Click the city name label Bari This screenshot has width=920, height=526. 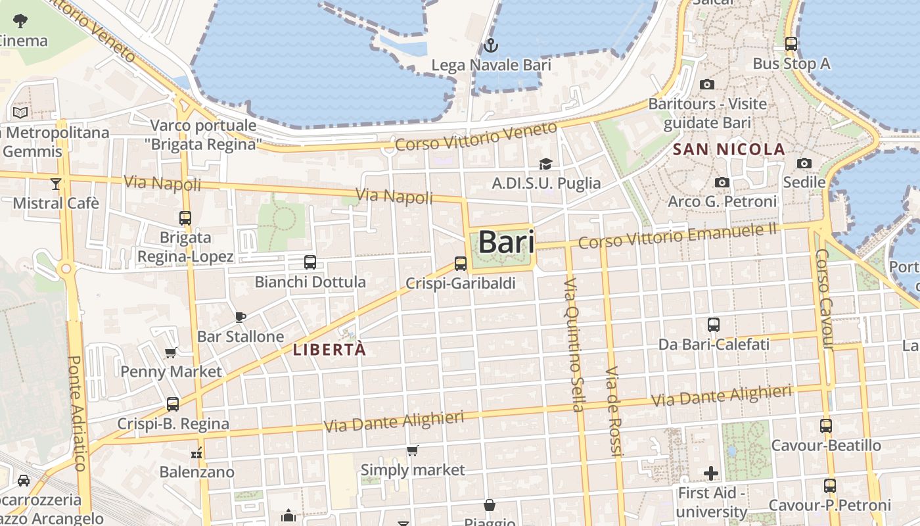coord(505,242)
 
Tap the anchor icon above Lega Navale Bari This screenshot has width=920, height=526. coord(490,46)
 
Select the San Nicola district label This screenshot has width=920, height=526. coord(729,149)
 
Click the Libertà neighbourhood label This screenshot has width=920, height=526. coord(329,350)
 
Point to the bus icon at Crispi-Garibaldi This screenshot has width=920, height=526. coord(461,264)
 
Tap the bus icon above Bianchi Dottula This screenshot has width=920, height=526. coord(310,262)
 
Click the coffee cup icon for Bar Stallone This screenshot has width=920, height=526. coord(241,317)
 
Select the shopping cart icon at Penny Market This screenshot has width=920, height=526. coord(171,352)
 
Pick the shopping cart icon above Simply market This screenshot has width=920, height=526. coord(412,451)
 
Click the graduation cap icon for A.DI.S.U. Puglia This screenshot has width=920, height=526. coord(545,164)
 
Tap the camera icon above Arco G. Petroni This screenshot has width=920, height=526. coord(722,182)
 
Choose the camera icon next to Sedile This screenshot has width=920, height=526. coord(804,163)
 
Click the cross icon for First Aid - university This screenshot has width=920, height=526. coord(710,473)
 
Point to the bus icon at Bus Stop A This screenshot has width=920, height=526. coord(791,44)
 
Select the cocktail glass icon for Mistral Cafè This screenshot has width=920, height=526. coord(56,183)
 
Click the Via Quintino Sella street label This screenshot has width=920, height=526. coord(574,345)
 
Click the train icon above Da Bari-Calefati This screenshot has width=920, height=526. coord(714,324)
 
